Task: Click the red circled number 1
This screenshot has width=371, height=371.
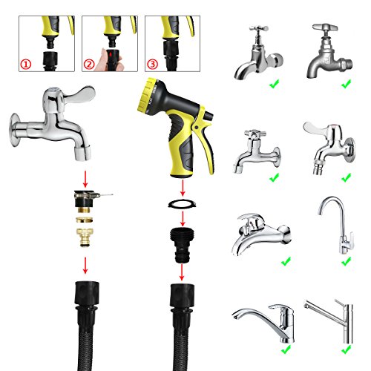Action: click(x=26, y=65)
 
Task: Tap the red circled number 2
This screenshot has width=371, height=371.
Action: click(x=89, y=65)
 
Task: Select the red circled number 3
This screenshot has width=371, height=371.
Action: click(x=152, y=65)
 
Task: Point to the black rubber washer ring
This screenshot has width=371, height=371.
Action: click(x=183, y=204)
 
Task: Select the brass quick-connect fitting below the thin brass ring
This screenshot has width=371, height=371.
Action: click(x=85, y=237)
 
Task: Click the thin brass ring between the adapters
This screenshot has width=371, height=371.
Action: click(x=85, y=220)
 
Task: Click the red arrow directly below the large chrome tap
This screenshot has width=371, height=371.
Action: click(x=85, y=179)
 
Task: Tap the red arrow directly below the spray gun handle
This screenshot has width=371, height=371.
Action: click(x=183, y=188)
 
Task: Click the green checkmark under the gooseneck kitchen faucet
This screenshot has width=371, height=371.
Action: click(x=346, y=261)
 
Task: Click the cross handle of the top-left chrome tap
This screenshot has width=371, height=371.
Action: click(x=259, y=28)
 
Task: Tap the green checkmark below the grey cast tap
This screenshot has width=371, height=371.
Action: click(x=346, y=84)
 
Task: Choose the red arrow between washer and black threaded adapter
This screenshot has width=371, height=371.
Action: click(x=183, y=219)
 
